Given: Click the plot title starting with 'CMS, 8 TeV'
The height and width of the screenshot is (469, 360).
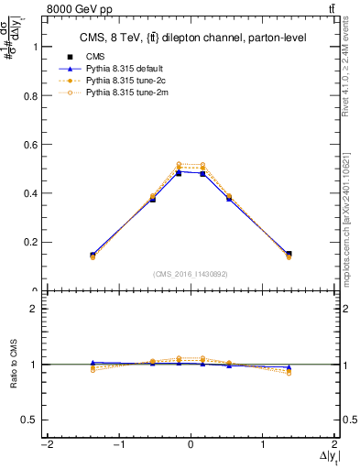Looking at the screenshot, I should tap(190, 37).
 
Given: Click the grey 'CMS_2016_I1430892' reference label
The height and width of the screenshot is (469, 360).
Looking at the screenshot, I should tap(190, 274).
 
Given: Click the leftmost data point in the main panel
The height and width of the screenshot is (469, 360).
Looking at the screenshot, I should tap(93, 256).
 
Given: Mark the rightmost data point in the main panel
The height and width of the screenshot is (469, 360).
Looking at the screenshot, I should tap(289, 255).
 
